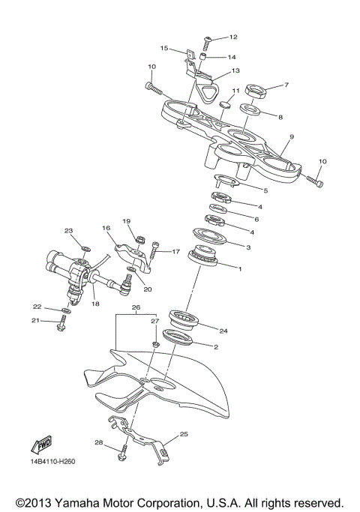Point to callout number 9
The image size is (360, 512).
291,136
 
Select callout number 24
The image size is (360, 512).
223,329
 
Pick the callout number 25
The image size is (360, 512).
184,434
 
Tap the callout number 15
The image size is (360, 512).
163,48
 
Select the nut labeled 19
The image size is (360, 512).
139,240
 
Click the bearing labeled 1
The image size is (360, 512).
205,256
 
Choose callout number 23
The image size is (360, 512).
68,230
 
